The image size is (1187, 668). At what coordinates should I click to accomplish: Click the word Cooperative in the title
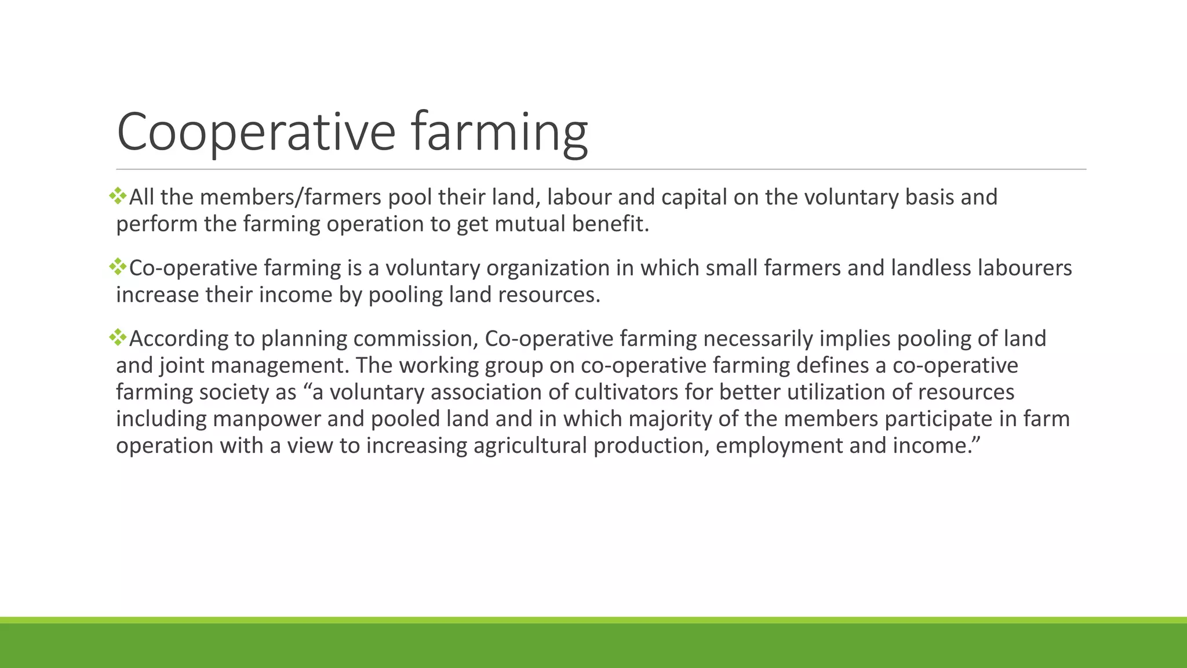pyautogui.click(x=256, y=132)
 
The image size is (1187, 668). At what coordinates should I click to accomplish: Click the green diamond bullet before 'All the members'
pyautogui.click(x=118, y=196)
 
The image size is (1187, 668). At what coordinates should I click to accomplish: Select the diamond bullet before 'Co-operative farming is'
pyautogui.click(x=118, y=267)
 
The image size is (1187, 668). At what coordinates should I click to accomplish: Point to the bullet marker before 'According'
pyautogui.click(x=118, y=337)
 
